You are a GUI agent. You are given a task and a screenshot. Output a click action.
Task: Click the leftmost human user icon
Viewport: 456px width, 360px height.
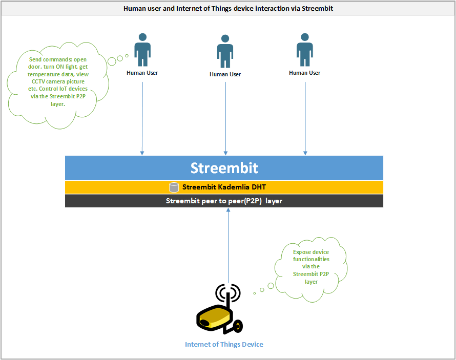point(142,50)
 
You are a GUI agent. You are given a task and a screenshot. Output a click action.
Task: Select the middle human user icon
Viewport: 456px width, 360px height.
point(225,51)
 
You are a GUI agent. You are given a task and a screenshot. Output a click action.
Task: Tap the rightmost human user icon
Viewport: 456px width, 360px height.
point(305,50)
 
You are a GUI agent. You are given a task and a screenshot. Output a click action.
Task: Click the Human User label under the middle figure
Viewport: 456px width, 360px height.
point(225,74)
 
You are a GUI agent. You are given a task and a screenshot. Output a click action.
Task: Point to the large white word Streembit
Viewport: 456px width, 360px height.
point(224,168)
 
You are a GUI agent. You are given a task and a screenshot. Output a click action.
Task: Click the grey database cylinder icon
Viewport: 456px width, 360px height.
point(174,187)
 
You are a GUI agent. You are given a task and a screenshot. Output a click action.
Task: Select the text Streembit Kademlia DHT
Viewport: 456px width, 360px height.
point(224,187)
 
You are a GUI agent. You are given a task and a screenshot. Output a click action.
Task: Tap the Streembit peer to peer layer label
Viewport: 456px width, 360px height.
point(224,201)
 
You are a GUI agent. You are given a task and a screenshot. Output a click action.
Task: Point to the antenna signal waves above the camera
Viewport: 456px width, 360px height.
point(228,292)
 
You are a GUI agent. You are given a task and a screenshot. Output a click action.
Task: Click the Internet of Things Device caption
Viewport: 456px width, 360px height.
point(224,344)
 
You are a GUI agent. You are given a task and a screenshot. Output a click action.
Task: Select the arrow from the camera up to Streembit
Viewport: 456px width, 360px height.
point(229,246)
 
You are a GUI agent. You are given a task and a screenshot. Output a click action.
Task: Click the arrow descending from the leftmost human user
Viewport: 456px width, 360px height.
point(142,118)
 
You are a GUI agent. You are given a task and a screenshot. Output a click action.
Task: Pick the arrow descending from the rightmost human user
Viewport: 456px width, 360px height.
point(305,118)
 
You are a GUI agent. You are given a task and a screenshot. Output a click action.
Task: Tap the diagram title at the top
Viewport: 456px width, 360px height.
point(228,8)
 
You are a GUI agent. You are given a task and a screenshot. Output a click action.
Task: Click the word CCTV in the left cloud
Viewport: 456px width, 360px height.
point(38,81)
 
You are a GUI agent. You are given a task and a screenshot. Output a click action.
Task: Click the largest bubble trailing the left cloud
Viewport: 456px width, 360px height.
point(112,61)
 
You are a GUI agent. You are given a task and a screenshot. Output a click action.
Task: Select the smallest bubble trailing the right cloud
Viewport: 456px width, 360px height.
point(255,293)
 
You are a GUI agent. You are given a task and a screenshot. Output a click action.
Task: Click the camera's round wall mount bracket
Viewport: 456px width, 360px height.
point(238,326)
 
